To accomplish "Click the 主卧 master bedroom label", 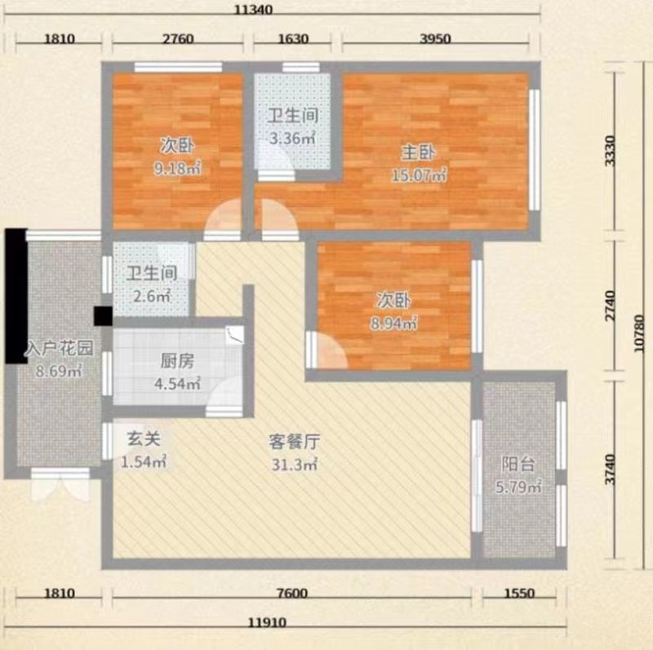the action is (418, 153).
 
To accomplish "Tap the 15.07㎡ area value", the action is (420, 175).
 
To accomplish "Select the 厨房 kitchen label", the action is (177, 361).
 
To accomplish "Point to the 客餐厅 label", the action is (295, 442).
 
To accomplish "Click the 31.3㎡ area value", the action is (295, 464).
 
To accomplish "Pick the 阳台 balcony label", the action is (518, 464).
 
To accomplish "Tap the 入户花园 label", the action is (59, 348).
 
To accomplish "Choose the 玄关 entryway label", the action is (144, 439).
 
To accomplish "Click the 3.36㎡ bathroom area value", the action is (292, 138).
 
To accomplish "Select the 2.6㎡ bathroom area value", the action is (152, 296).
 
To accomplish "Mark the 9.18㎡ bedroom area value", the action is (178, 168).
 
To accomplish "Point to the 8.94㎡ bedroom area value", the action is (394, 323).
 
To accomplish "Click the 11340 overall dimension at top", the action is (253, 9).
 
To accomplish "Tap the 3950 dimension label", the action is (436, 38).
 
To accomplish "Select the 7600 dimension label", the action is (292, 593).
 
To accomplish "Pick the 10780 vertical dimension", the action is (639, 333).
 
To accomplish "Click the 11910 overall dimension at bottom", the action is (268, 622).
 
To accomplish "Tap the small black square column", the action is (103, 316).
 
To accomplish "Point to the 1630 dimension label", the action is (293, 38).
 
